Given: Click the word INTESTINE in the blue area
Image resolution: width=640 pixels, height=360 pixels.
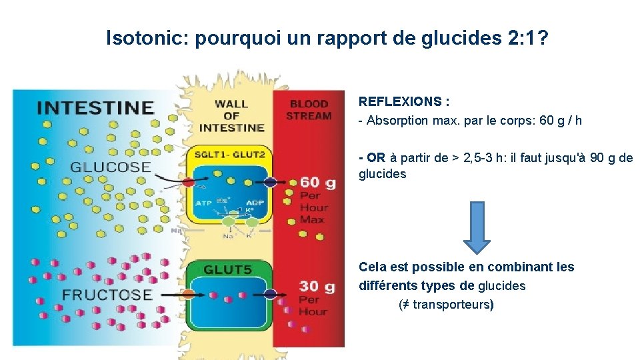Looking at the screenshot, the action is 95,108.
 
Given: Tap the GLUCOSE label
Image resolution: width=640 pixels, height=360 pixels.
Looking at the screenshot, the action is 111,167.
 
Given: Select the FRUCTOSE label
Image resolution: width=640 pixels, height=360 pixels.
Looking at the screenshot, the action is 107,294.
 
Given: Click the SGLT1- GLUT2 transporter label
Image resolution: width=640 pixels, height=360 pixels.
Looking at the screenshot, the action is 230,155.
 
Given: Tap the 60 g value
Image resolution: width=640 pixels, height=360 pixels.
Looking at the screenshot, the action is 317,182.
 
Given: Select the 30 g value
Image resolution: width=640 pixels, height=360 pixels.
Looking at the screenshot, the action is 317,286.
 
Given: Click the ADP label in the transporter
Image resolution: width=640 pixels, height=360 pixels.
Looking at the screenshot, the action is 255,203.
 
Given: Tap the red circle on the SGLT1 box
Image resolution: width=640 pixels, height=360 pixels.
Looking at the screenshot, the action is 189,181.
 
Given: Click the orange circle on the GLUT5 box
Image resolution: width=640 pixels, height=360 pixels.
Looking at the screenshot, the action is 189,293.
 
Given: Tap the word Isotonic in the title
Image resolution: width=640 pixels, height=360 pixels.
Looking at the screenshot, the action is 146,39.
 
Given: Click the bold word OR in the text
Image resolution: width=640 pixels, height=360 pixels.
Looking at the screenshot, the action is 376,158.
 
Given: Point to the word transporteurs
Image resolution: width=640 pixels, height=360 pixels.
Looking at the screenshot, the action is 451,305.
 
